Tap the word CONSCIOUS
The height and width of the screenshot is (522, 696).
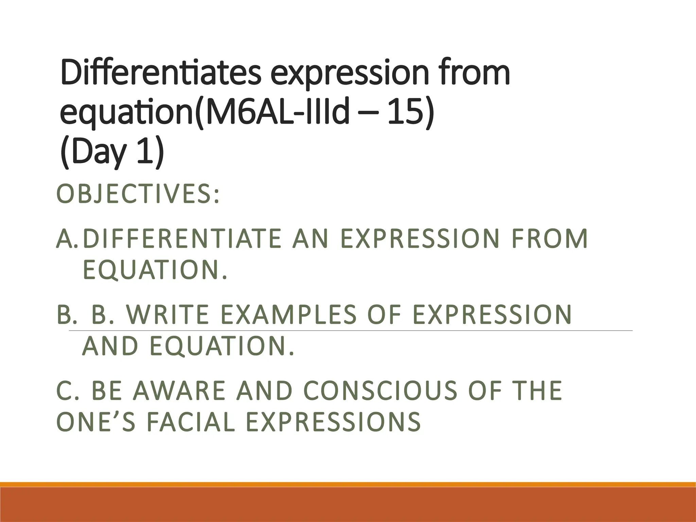coord(380,390)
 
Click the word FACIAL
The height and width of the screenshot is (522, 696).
coord(191,422)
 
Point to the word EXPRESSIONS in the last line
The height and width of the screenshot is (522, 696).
coord(333,422)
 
